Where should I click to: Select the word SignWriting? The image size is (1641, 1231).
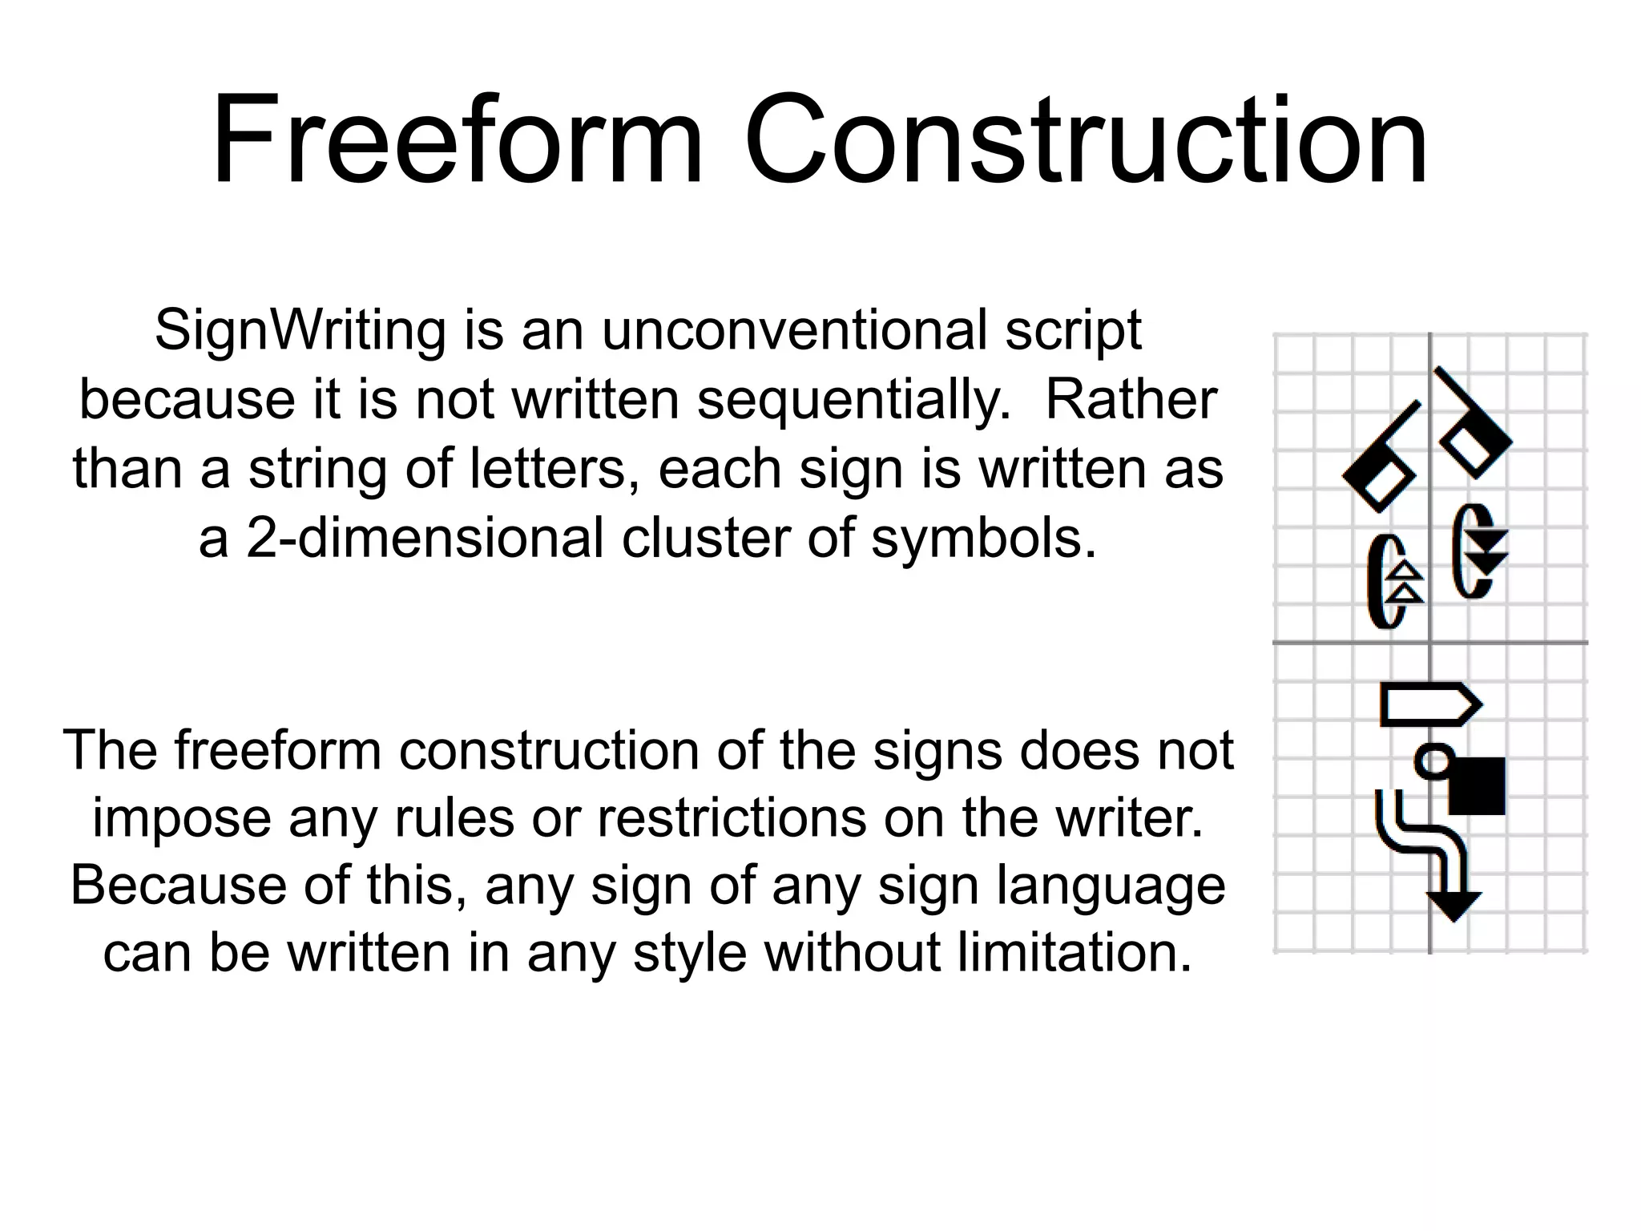tap(300, 330)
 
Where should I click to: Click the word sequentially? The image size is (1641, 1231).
tap(854, 399)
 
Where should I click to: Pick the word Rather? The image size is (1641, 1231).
tap(1131, 399)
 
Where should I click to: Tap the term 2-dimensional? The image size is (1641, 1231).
tap(425, 538)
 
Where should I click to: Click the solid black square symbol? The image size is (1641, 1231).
tap(1477, 785)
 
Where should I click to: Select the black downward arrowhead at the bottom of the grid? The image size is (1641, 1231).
tap(1454, 906)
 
